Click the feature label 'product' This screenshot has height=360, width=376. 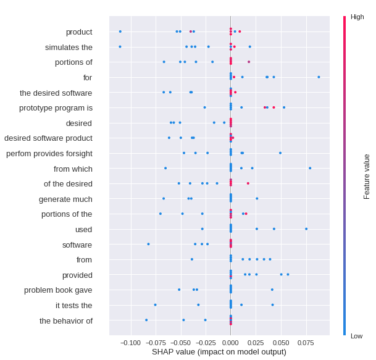click(79, 31)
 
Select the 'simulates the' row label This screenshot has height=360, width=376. click(69, 47)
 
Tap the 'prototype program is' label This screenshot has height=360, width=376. click(56, 107)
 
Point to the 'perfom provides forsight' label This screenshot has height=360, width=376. click(49, 153)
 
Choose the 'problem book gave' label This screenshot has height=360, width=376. click(58, 290)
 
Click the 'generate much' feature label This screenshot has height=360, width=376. click(65, 199)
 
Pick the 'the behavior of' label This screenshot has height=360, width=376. click(66, 320)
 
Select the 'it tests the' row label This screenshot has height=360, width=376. click(73, 305)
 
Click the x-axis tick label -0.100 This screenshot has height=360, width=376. click(130, 343)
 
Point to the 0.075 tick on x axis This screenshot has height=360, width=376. click(306, 343)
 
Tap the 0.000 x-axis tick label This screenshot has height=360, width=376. click(230, 343)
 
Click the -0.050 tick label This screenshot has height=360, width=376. click(180, 343)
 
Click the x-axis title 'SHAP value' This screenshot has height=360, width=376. click(219, 352)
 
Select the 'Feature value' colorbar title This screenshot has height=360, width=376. click(367, 177)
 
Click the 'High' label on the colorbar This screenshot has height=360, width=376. click(357, 17)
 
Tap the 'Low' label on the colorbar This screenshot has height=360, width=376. click(356, 336)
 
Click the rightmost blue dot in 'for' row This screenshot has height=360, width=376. click(319, 77)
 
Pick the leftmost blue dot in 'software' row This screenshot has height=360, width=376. click(148, 244)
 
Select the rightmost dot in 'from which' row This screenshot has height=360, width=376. click(310, 168)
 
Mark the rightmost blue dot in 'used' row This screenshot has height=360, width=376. click(306, 229)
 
